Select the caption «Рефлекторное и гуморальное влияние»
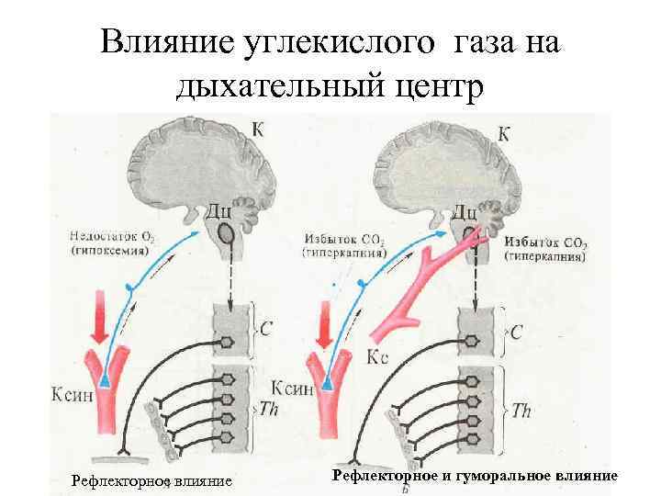475,475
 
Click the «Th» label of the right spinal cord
521,410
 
